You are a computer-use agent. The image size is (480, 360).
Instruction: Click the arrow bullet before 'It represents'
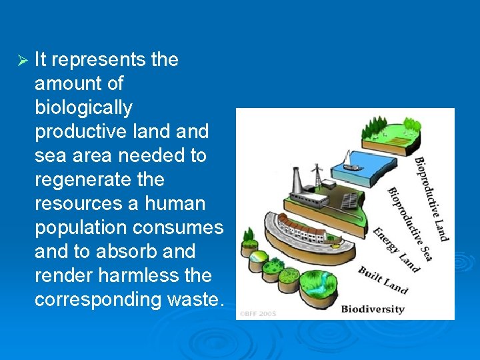point(21,60)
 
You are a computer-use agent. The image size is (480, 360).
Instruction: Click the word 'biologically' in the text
point(83,108)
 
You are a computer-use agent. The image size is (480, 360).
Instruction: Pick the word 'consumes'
point(178,228)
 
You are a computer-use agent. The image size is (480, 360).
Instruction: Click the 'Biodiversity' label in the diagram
point(373,309)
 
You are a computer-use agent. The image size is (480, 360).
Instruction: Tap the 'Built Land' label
point(382,279)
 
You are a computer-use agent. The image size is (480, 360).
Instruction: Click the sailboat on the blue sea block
point(347,160)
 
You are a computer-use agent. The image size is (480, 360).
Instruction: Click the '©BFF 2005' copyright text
point(259,313)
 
